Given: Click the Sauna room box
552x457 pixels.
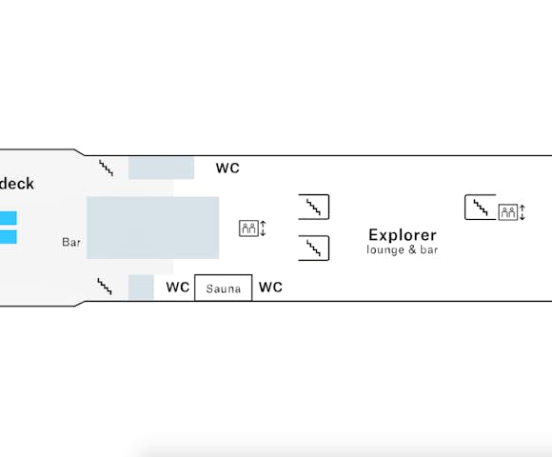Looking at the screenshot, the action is (224, 288).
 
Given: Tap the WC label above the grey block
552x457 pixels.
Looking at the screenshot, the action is (227, 169).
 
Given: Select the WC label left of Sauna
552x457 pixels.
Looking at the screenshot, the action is (178, 288).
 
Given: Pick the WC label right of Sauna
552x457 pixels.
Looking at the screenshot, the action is (270, 288).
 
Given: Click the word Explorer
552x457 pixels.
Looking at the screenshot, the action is (403, 235).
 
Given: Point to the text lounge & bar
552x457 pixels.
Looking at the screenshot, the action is (402, 249).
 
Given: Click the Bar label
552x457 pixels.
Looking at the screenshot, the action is (71, 242).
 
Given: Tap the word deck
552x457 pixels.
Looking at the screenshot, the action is (17, 184).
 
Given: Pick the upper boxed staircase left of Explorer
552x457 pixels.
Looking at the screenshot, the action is (314, 207).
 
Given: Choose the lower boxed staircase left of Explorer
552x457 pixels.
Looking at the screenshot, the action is (314, 248).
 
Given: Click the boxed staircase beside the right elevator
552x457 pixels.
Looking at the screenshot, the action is (481, 207).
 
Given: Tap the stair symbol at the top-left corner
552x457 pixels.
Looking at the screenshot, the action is (106, 168).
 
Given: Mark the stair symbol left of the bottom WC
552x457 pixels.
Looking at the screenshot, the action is (105, 287).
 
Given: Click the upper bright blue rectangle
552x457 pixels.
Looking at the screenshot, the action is (9, 218).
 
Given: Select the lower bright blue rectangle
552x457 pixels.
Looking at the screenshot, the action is (9, 237).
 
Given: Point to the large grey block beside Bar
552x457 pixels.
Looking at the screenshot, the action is (153, 228).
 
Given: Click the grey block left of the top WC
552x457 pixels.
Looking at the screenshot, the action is (161, 169).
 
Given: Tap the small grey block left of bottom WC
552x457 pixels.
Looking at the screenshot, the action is (141, 288).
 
